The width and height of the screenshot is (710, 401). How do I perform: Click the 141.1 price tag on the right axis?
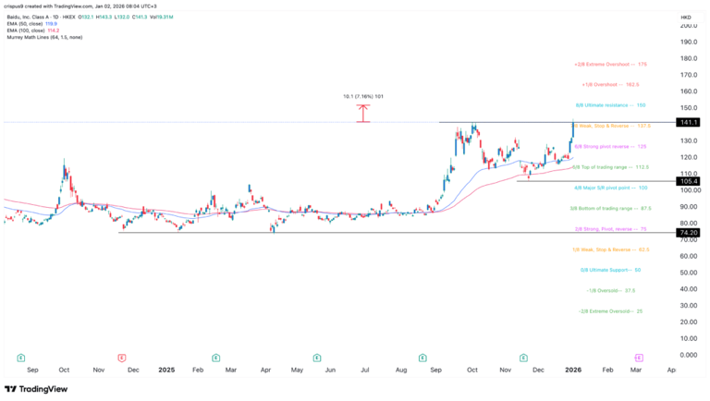[688, 122]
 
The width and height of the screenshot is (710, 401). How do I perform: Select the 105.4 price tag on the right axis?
[688, 181]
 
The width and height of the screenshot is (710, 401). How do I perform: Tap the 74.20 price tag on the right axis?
[688, 233]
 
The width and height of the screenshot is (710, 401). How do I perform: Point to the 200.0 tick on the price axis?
[688, 25]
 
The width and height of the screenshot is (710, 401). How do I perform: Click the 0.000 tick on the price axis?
[688, 355]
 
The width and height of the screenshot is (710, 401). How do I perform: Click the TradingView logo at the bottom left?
[37, 389]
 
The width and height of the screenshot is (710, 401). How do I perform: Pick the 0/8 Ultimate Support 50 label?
[610, 270]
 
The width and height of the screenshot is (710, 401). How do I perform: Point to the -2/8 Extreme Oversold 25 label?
[610, 311]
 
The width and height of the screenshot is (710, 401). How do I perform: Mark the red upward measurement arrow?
[363, 113]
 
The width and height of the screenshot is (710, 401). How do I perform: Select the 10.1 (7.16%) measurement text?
[363, 95]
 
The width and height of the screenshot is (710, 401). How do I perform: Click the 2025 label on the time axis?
[166, 369]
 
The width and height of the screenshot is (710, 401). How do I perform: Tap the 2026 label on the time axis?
[572, 369]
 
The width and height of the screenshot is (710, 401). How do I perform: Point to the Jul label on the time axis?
[365, 369]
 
